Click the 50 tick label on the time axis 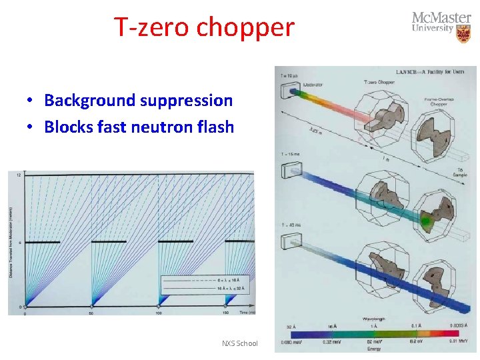click(91, 313)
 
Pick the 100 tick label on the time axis click(159, 313)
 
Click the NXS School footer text click(239, 343)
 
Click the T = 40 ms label click(291, 225)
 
